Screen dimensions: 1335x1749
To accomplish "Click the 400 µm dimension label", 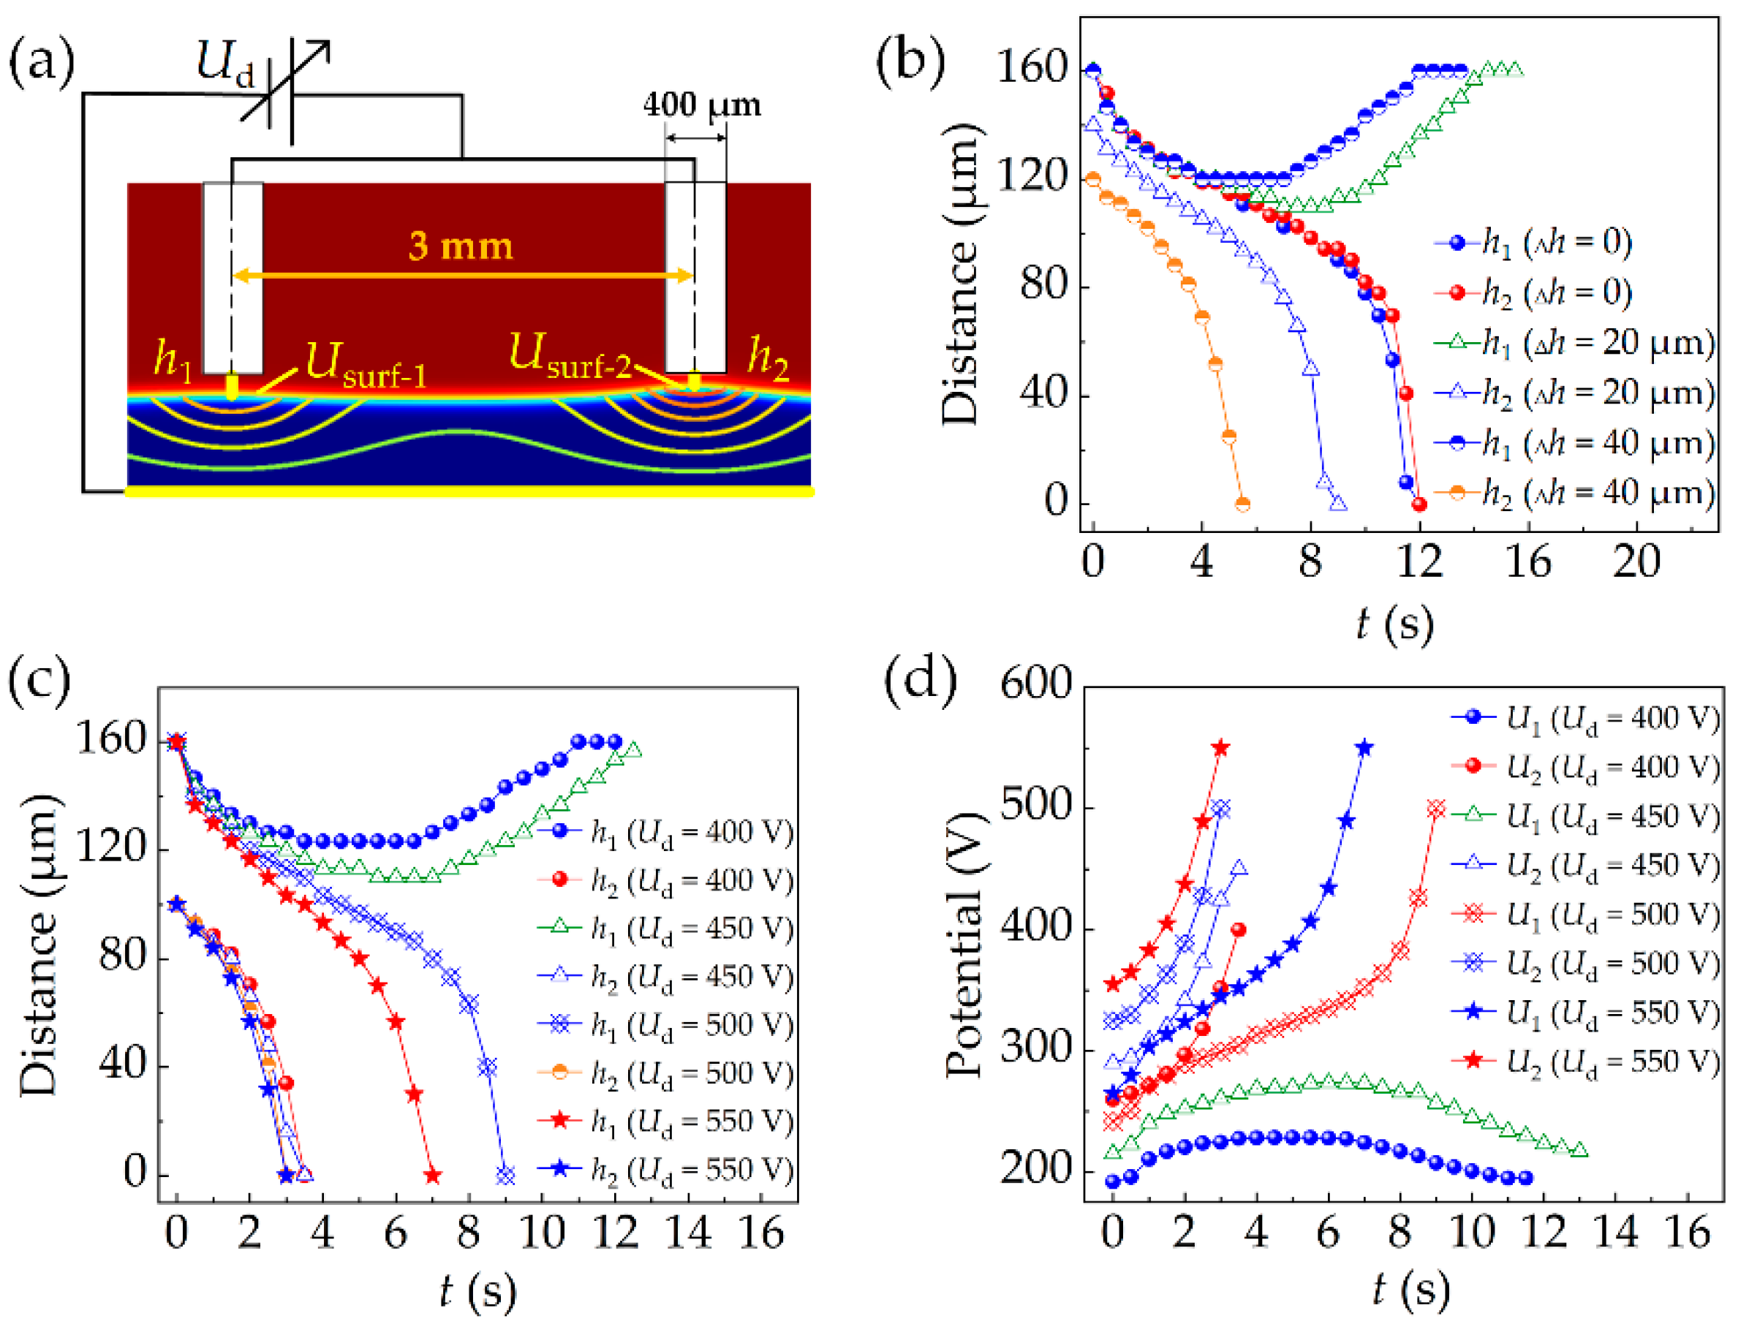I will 702,105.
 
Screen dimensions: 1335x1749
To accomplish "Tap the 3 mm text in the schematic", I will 461,246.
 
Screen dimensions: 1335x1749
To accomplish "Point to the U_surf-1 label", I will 366,366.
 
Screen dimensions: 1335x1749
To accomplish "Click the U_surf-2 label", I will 570,357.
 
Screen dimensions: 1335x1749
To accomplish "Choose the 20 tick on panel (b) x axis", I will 1636,561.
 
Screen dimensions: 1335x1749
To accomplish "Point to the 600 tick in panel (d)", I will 1036,684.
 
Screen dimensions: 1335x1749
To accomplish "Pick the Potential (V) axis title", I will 964,945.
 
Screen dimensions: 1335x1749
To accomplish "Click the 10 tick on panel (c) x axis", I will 542,1233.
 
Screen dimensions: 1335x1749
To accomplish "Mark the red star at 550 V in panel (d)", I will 1221,749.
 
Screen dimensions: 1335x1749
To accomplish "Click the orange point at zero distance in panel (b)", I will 1243,504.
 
